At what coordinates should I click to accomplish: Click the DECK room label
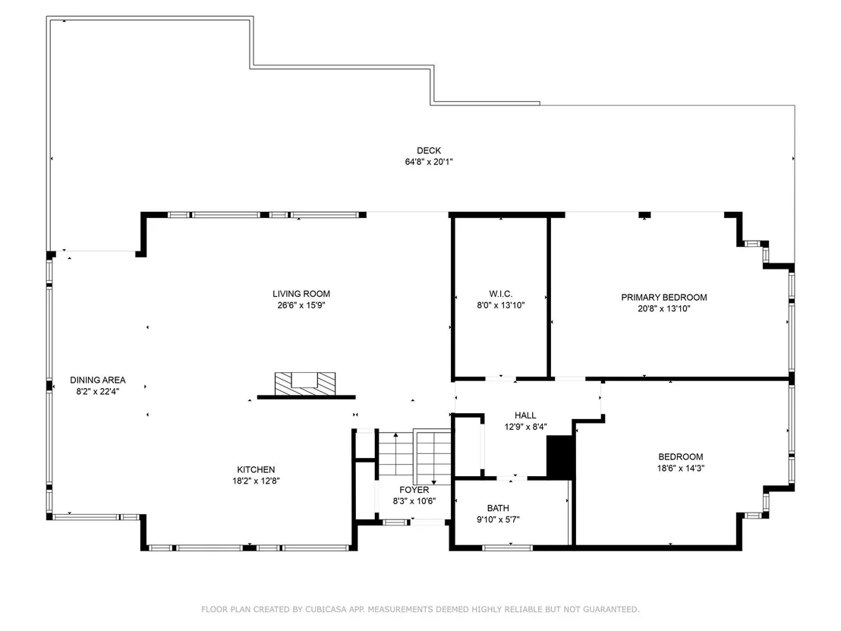tap(429, 151)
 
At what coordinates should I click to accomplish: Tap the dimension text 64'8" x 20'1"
tap(429, 162)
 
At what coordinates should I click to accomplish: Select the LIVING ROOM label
tap(301, 294)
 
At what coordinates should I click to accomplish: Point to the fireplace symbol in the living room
tap(305, 384)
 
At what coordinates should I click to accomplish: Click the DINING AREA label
tap(98, 380)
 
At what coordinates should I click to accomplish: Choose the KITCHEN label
tap(256, 470)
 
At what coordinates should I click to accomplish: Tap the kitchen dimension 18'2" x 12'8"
tap(256, 481)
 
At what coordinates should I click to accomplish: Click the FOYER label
tap(414, 491)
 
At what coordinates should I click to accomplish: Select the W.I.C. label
tap(501, 294)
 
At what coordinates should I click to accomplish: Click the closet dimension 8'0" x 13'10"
tap(501, 306)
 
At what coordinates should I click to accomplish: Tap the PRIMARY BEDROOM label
tap(664, 297)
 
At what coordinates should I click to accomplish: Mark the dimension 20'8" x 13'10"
tap(664, 309)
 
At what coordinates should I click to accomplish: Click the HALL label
tap(525, 415)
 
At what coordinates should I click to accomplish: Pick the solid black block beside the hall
tap(560, 456)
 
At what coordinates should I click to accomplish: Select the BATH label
tap(498, 508)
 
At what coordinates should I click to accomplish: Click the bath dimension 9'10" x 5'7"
tap(498, 519)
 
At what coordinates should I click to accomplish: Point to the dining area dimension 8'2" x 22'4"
tap(98, 392)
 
